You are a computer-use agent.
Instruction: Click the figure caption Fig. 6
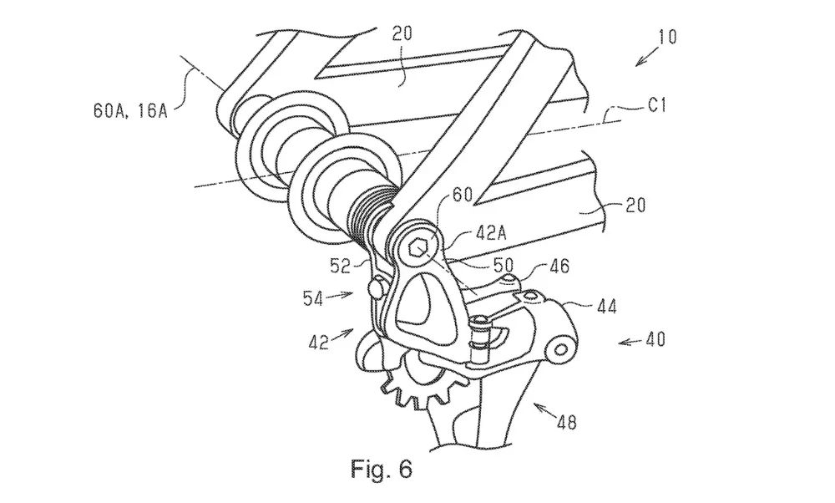pyautogui.click(x=381, y=469)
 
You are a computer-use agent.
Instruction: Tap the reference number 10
pyautogui.click(x=666, y=38)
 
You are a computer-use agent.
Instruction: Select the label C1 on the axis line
pyautogui.click(x=657, y=105)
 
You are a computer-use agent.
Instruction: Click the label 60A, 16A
pyautogui.click(x=130, y=111)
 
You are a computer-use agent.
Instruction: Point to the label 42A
pyautogui.click(x=489, y=233)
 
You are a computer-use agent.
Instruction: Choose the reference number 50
pyautogui.click(x=504, y=264)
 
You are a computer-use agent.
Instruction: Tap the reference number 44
pyautogui.click(x=606, y=307)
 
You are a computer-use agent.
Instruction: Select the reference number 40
pyautogui.click(x=655, y=339)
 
